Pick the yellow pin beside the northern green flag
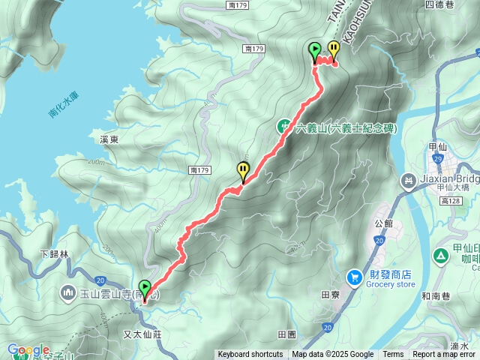333,51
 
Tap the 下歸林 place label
54,255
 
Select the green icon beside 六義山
286,127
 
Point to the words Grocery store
390,285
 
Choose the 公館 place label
382,223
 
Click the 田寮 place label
331,295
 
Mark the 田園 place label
287,334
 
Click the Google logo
28,350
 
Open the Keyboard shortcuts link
250,355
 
